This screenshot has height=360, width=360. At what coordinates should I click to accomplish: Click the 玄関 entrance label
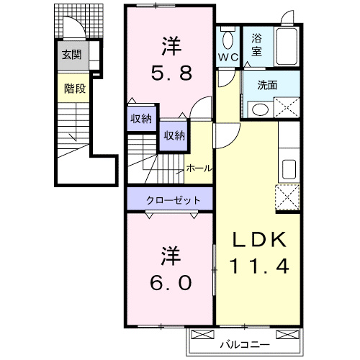pyautogui.click(x=71, y=54)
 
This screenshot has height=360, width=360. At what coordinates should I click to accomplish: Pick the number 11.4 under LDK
pyautogui.click(x=259, y=266)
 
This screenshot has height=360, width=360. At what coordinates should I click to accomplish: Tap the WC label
pyautogui.click(x=229, y=57)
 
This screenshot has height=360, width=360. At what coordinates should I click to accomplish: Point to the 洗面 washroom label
pyautogui.click(x=268, y=85)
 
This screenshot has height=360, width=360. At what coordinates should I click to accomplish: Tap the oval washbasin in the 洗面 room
pyautogui.click(x=258, y=109)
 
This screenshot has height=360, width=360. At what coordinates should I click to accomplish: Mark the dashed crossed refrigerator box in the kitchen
pyautogui.click(x=288, y=196)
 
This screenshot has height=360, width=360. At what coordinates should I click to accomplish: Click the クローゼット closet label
pyautogui.click(x=169, y=199)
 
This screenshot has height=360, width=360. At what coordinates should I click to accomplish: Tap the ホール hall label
pyautogui.click(x=199, y=168)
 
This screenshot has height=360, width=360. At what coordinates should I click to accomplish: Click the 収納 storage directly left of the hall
pyautogui.click(x=173, y=135)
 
